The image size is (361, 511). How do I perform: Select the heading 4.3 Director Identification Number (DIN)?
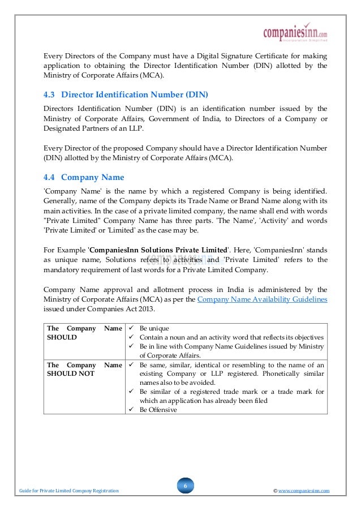tap(130, 94)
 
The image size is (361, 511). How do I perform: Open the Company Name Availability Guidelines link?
tap(262, 299)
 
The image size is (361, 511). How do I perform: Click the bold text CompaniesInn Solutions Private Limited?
tap(158, 250)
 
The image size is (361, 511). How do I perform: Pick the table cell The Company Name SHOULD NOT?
tap(84, 370)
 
